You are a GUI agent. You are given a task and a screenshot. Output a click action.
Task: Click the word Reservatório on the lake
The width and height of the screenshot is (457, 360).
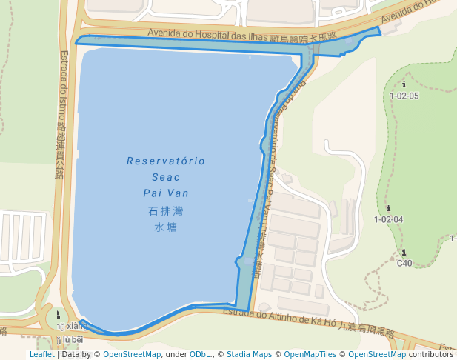coord(166,161)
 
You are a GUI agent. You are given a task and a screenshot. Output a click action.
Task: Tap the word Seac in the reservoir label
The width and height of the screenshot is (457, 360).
coord(166,177)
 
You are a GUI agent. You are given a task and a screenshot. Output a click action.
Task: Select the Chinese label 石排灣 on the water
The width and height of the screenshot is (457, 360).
coord(166,211)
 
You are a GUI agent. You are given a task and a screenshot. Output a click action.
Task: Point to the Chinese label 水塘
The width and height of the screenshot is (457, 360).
coord(166,227)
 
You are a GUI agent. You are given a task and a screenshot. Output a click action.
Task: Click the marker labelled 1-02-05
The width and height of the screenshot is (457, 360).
coord(404,85)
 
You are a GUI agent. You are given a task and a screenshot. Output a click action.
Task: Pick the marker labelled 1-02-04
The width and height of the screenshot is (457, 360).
coord(388,209)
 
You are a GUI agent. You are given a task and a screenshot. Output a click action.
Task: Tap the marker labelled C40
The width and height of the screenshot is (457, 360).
coord(404,253)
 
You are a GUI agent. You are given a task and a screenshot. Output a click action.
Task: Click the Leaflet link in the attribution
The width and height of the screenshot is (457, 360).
coord(41,355)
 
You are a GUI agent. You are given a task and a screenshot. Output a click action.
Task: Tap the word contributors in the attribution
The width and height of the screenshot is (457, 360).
coord(430,355)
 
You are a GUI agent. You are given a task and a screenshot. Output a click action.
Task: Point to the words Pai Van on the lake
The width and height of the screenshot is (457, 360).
coord(166,193)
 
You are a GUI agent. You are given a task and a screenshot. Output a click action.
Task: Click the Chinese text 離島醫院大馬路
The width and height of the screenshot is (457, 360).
coord(304,36)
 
